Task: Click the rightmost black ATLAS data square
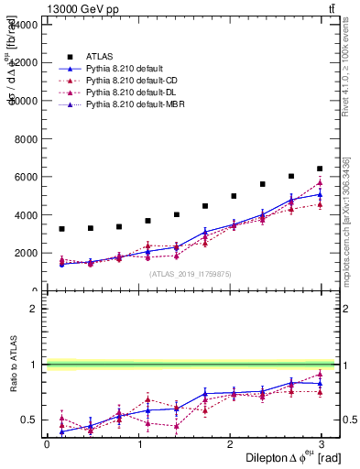320,169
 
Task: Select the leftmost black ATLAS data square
61,229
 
